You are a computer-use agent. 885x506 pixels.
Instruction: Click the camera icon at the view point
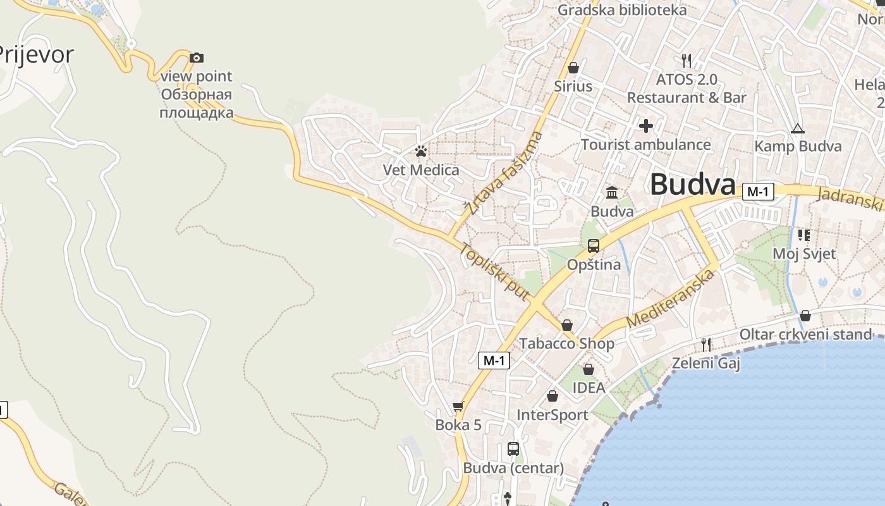197,58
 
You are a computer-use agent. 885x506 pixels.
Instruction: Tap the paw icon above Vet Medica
421,151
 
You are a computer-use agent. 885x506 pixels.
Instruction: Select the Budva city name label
692,185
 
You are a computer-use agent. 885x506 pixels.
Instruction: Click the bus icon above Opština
593,246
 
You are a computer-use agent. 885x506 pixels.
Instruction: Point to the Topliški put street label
494,272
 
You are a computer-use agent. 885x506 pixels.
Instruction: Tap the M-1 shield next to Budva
758,191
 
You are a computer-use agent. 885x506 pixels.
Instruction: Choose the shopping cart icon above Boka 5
458,407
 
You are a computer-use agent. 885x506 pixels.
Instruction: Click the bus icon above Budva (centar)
513,449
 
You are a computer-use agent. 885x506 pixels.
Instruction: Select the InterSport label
552,415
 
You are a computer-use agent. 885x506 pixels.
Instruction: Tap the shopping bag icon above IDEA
589,369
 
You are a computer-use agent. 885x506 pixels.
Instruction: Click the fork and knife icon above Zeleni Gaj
706,345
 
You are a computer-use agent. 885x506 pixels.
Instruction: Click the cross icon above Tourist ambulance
645,126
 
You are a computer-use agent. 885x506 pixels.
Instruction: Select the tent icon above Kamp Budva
798,129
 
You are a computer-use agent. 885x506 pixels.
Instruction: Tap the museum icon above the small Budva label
612,192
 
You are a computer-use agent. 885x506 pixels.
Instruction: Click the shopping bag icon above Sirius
573,68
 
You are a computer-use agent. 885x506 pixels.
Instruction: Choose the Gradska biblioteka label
622,10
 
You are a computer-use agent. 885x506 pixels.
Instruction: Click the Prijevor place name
36,54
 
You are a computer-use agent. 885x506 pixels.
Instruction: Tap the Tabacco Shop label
566,343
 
